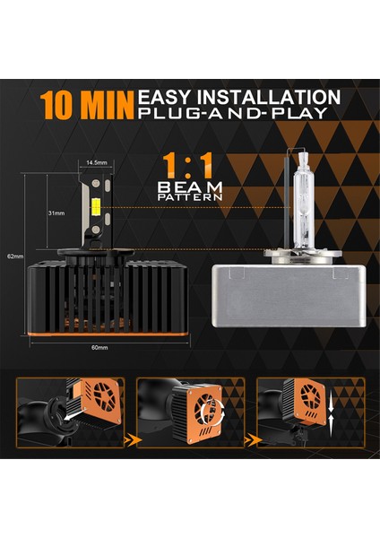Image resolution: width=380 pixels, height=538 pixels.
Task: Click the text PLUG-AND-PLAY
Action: coord(237,113)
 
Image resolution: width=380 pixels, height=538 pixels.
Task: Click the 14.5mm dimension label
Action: coord(97,163)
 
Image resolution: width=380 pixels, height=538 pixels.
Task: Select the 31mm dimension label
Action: coord(56,213)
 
